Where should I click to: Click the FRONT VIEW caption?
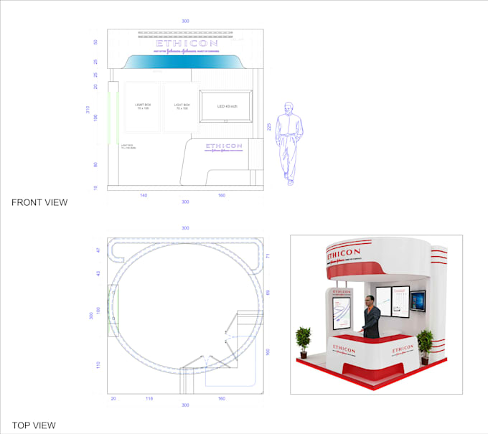39,202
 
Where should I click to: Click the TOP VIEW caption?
34,425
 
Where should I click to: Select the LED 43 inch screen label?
227,107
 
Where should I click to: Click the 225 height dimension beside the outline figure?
269,126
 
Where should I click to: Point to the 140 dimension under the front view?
144,195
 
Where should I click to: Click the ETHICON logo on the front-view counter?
224,146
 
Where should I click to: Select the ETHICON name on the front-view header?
185,42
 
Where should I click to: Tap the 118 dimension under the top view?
149,397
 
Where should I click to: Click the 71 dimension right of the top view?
267,255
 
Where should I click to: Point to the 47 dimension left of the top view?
99,250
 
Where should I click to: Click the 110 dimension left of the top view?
99,365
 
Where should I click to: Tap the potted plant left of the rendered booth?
303,340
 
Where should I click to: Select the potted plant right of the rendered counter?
425,343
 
